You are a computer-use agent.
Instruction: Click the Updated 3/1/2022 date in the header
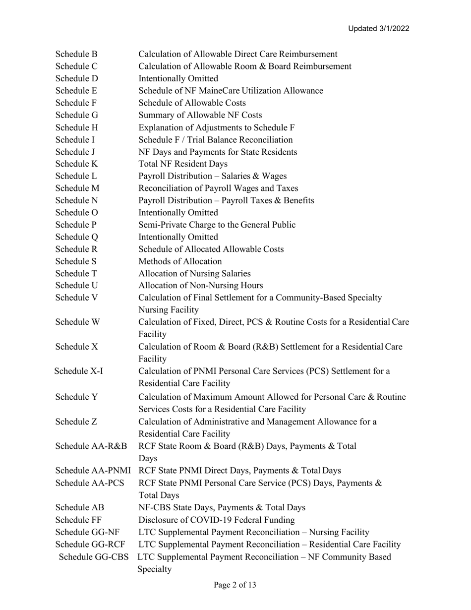(378, 29)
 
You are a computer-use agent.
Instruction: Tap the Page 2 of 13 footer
(235, 585)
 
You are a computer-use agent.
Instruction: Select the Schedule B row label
(76, 54)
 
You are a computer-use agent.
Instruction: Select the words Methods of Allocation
(180, 261)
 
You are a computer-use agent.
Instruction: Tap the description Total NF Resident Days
(183, 164)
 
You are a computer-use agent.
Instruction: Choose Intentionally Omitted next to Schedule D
(178, 78)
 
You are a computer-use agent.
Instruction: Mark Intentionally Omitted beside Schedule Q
(178, 237)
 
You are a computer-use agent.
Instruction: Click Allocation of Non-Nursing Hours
(200, 286)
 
